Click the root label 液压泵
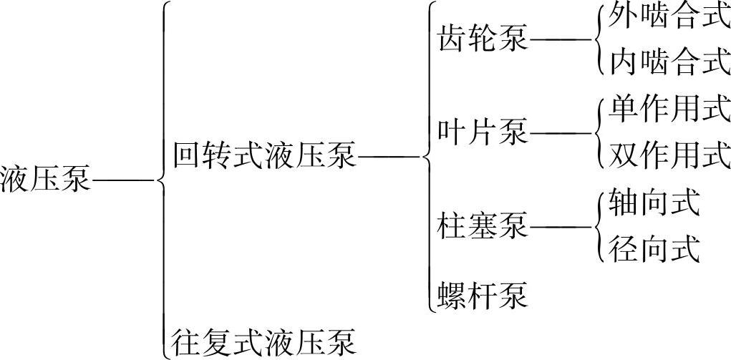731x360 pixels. tap(46, 178)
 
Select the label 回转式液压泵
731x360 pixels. tap(265, 155)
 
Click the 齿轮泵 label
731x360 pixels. tap(483, 39)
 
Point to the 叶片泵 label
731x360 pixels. tap(483, 132)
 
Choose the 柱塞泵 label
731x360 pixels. tap(483, 226)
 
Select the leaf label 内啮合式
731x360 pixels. tap(669, 63)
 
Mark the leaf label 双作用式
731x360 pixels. tap(669, 155)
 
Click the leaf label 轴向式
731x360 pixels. tap(653, 204)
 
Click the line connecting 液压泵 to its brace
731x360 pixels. tap(123, 180)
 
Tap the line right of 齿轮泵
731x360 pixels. tap(559, 40)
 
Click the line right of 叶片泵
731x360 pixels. tap(559, 133)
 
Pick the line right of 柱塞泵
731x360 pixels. tap(559, 227)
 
